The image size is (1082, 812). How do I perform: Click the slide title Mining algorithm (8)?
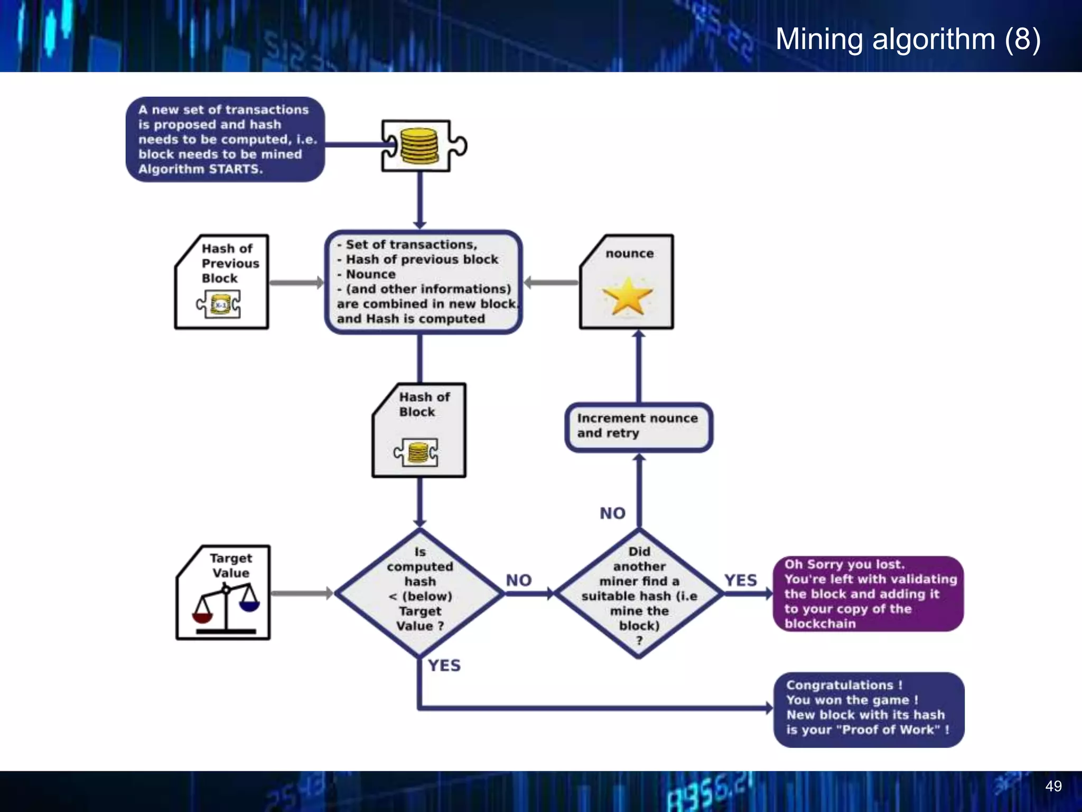tap(908, 39)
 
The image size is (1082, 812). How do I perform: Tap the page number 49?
tap(1053, 786)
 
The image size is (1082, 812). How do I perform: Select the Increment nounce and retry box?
tap(638, 426)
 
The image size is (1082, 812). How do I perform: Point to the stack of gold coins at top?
tap(419, 146)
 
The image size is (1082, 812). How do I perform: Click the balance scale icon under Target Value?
tap(226, 608)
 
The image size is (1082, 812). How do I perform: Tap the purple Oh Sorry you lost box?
tap(868, 594)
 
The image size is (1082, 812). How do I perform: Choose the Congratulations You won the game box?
tap(868, 708)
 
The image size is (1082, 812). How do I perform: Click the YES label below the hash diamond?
tap(444, 665)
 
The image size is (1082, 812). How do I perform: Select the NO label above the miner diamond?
tap(612, 513)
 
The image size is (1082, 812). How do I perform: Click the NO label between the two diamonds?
tap(518, 580)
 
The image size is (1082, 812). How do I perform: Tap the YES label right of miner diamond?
tap(740, 580)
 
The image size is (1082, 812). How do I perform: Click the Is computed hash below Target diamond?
tap(420, 593)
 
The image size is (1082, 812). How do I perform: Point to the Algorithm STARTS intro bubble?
tap(225, 140)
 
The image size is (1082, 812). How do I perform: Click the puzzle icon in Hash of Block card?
tap(416, 453)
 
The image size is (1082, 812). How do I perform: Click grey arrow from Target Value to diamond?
tap(301, 593)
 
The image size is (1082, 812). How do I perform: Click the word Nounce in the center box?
tap(370, 274)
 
